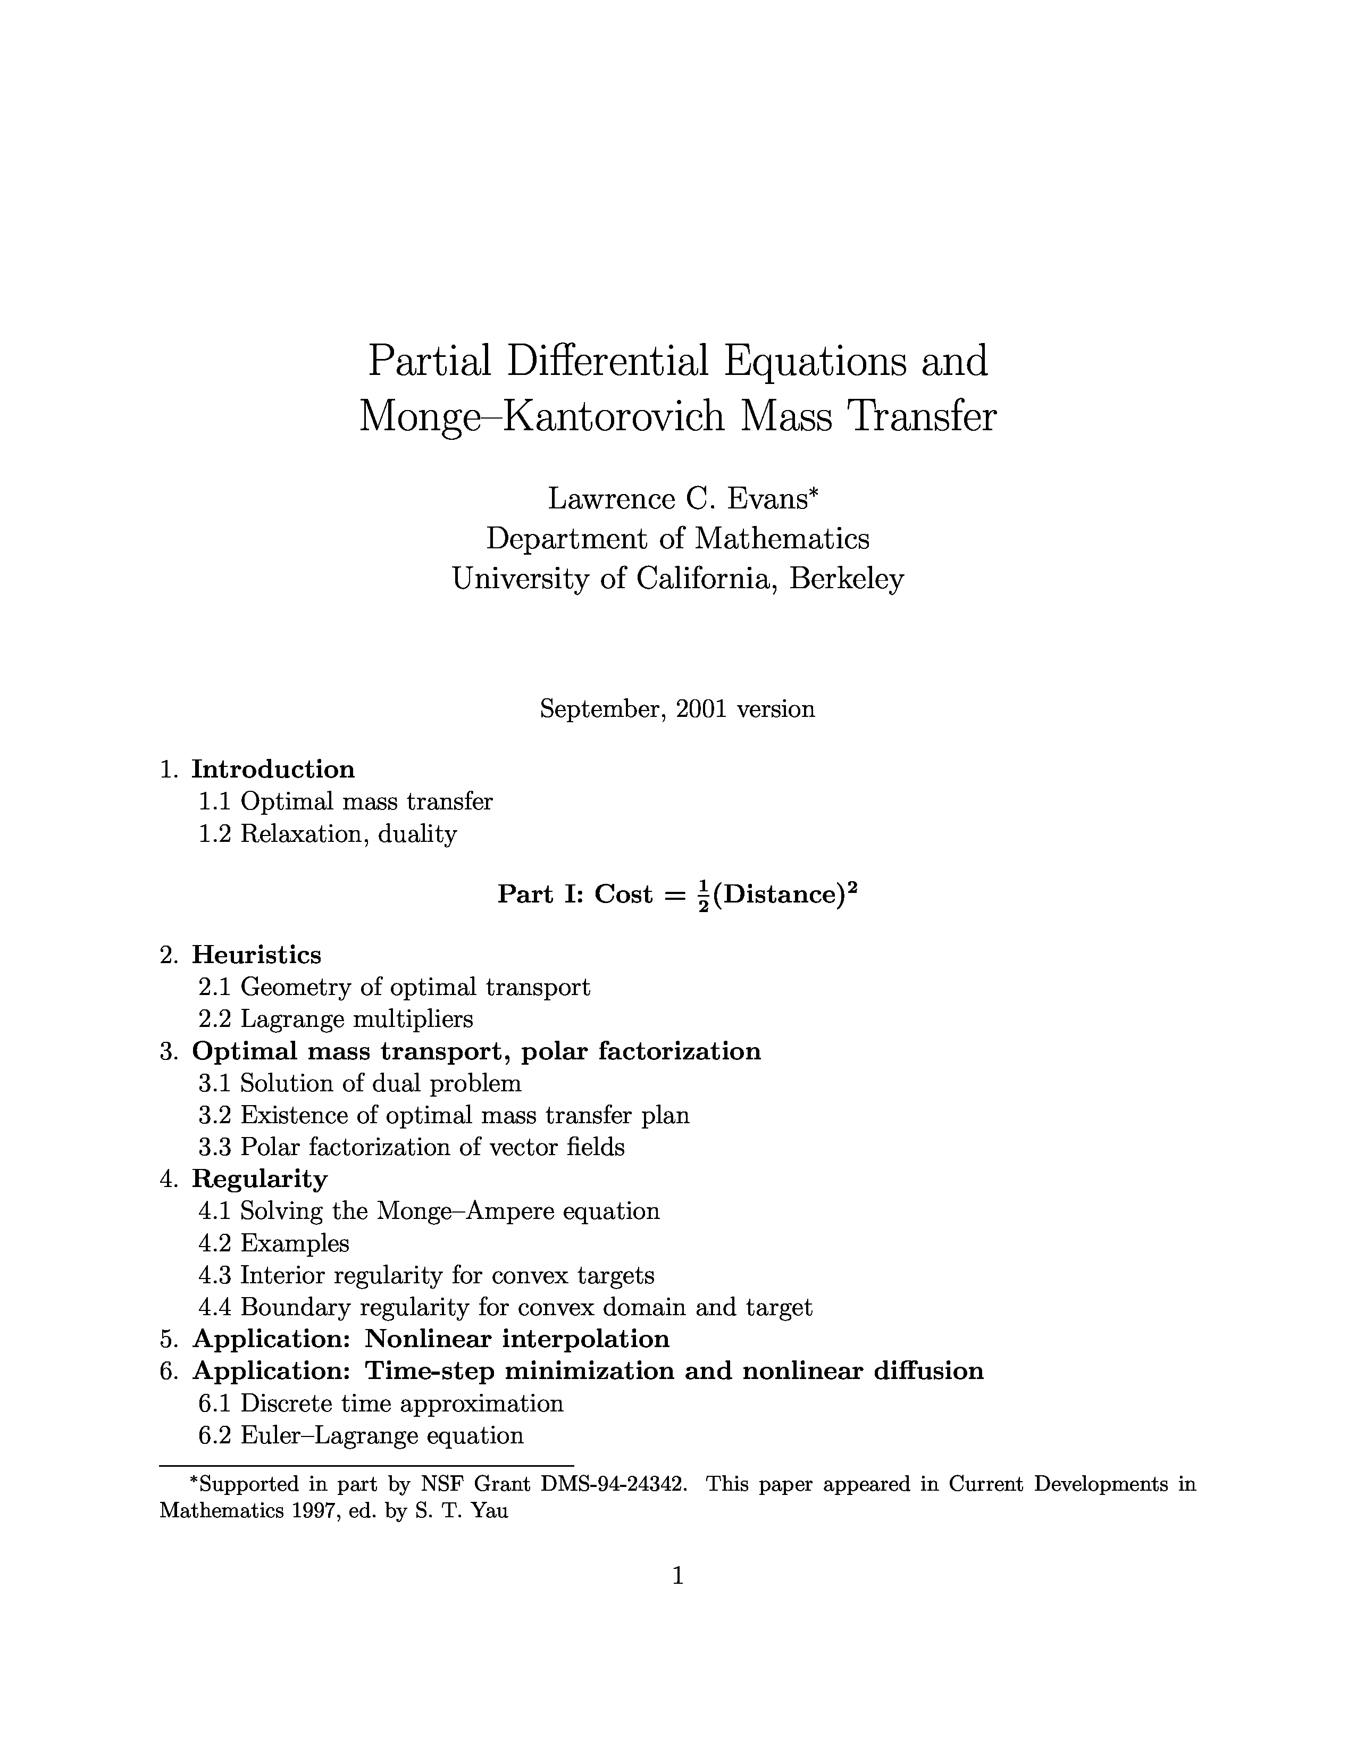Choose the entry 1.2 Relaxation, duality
tap(328, 834)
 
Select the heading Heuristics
tap(256, 955)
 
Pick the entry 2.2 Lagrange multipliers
tap(336, 1019)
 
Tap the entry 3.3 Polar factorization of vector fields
tap(411, 1147)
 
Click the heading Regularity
tap(260, 1179)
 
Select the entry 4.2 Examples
tap(274, 1243)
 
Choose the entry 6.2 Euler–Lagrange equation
tap(362, 1435)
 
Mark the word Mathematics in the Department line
tap(782, 538)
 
